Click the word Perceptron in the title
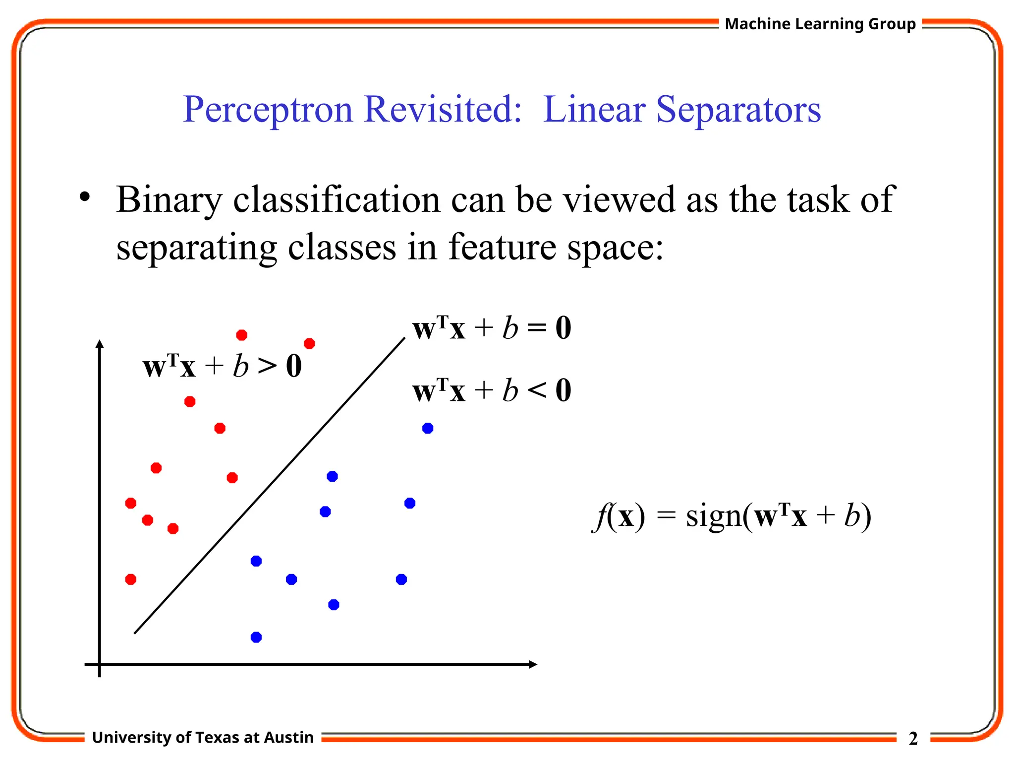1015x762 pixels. click(x=268, y=110)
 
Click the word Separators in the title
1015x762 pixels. click(x=738, y=110)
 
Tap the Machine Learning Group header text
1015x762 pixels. click(x=820, y=24)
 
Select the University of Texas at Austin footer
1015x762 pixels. click(x=203, y=737)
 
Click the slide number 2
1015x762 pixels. click(x=913, y=739)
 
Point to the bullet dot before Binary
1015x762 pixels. click(x=85, y=197)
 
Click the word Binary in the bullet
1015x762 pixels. click(x=169, y=200)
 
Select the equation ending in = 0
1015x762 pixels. click(x=492, y=328)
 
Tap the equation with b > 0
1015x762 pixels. click(x=222, y=367)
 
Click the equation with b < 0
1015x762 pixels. click(x=492, y=390)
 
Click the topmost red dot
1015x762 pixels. click(x=242, y=335)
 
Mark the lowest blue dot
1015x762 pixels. click(x=256, y=637)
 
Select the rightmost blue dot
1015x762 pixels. click(x=428, y=428)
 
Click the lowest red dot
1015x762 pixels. click(x=131, y=579)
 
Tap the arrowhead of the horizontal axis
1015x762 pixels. click(x=533, y=664)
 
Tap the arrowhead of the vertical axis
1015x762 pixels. click(x=100, y=344)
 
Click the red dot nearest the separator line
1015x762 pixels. click(x=232, y=478)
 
